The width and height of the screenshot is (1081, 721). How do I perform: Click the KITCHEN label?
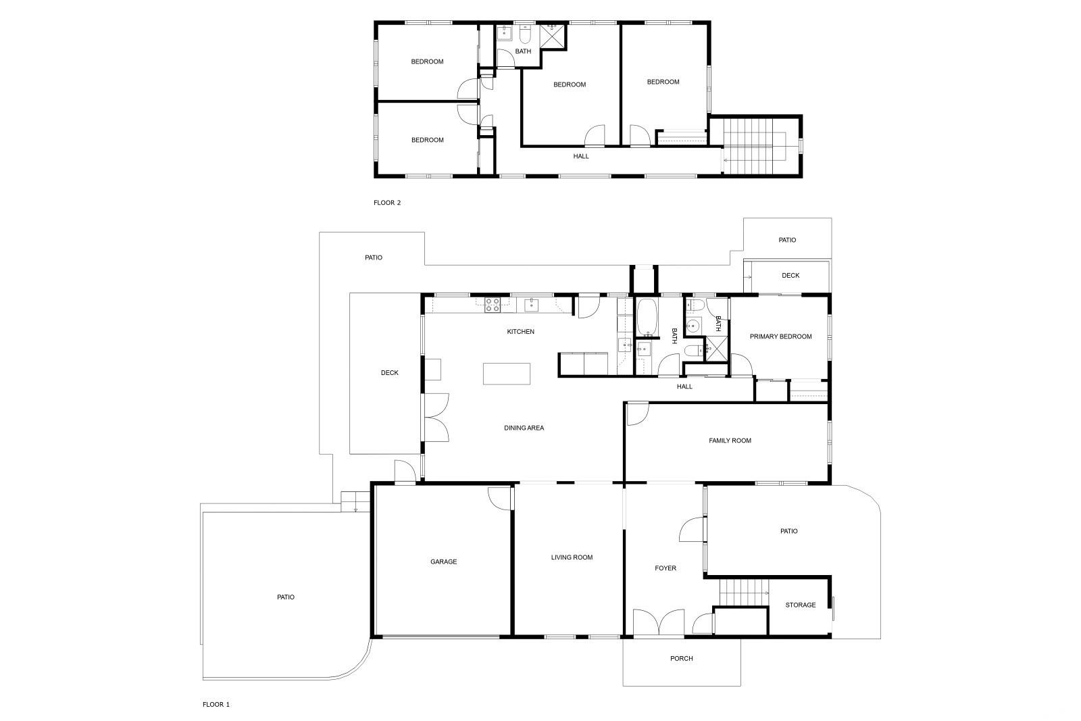[520, 332]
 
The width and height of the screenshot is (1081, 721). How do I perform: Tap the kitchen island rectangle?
[507, 374]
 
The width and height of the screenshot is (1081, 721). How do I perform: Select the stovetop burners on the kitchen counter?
[493, 305]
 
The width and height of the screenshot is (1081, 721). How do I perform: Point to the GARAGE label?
[443, 562]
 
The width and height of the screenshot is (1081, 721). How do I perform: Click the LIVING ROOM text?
[572, 557]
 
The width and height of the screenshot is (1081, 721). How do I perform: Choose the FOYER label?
[665, 568]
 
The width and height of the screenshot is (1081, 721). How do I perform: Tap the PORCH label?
[682, 658]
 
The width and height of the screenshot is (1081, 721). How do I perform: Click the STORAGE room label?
[801, 605]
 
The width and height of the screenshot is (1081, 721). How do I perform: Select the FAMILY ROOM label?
[730, 441]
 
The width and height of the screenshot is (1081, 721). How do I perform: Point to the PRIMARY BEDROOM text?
[780, 337]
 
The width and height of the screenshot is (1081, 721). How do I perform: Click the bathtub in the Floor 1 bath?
[647, 318]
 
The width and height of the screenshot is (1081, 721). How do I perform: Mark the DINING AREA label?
[524, 428]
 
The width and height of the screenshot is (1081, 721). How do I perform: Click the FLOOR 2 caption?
[387, 203]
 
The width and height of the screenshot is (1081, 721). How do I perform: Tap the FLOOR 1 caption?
[216, 705]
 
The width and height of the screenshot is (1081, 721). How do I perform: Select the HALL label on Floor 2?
[581, 156]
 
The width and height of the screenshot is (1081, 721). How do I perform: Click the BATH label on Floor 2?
[523, 51]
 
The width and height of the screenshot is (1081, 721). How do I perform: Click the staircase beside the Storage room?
[744, 593]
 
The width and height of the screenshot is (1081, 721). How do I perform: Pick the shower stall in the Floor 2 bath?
[552, 36]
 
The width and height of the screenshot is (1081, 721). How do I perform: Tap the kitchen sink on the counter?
[531, 305]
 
